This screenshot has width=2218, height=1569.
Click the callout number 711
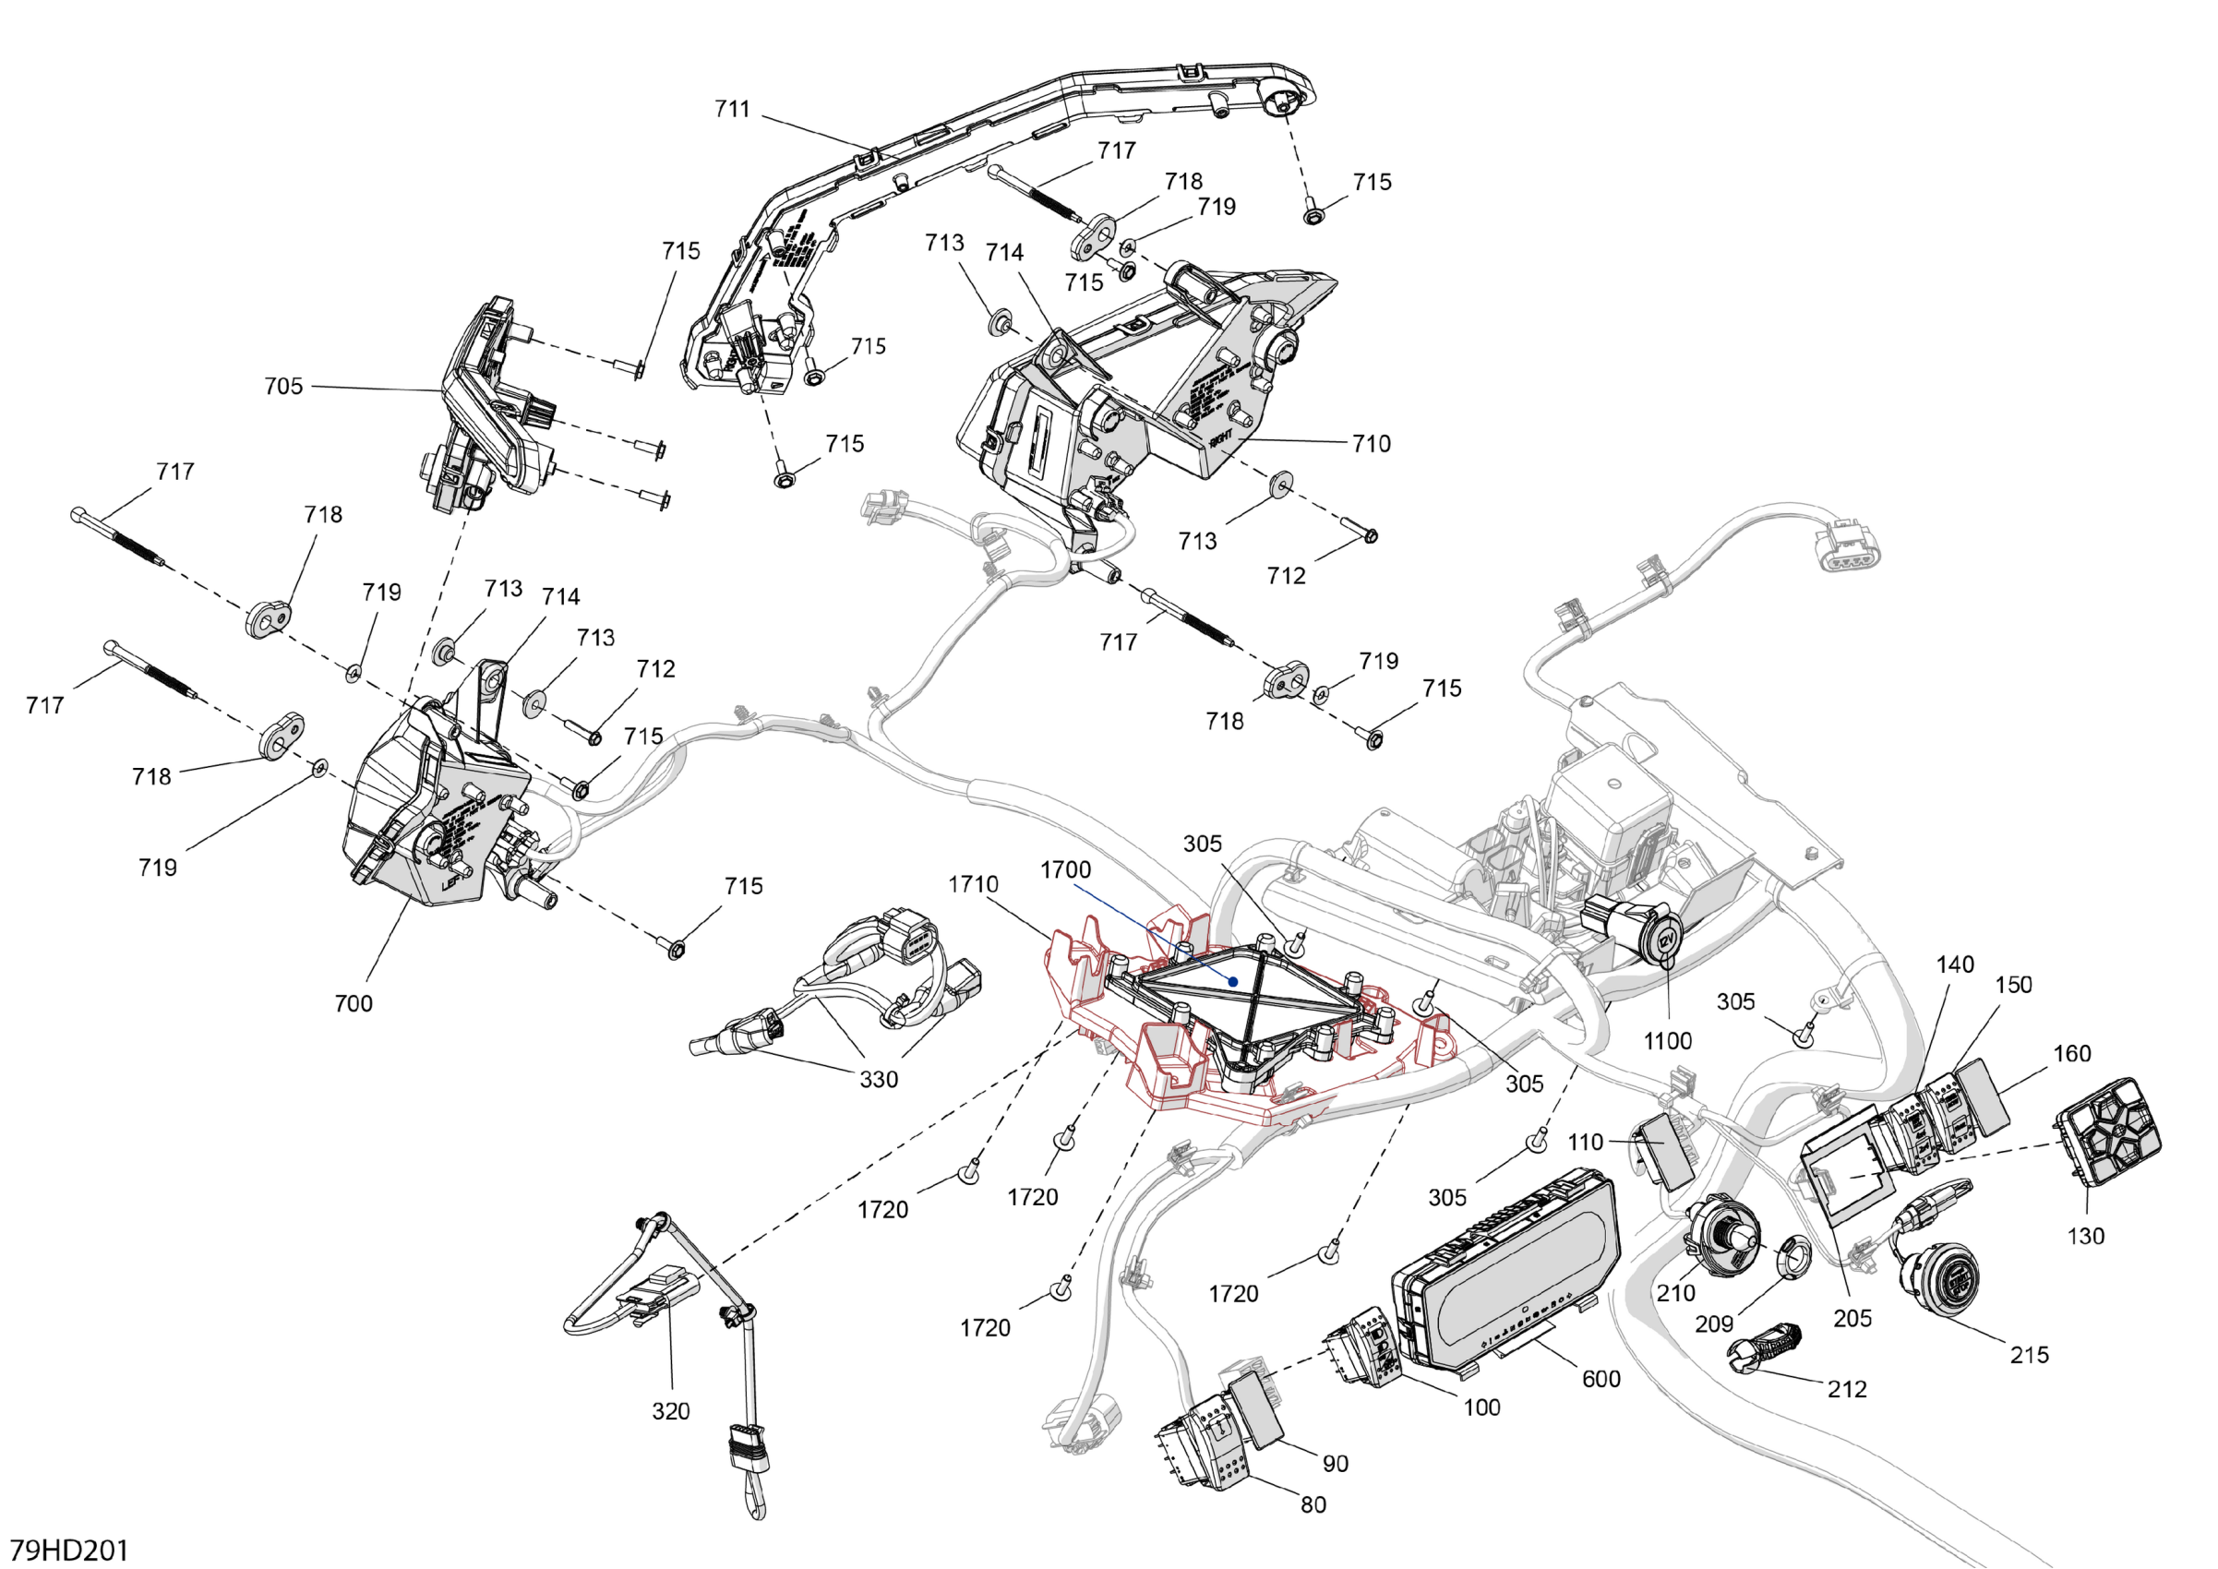point(732,109)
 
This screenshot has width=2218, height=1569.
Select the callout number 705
point(283,387)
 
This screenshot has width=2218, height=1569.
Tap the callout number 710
point(1371,445)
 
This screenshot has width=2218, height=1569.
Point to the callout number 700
point(354,1004)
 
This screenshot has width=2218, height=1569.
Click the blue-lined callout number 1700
point(1065,870)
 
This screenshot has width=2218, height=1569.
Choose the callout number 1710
point(973,885)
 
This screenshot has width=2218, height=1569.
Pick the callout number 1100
point(1667,1041)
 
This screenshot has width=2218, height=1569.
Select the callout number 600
point(1601,1380)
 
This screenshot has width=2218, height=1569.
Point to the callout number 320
point(670,1411)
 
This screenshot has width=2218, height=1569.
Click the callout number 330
point(878,1080)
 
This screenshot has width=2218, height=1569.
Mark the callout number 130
point(2085,1236)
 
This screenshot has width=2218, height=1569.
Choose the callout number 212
point(1846,1389)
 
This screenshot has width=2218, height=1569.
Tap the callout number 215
point(2029,1356)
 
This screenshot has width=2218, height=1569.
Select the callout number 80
point(1313,1504)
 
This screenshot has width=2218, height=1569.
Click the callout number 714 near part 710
point(1003,253)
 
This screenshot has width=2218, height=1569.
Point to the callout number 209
point(1714,1324)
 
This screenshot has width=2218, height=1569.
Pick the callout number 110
point(1584,1143)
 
